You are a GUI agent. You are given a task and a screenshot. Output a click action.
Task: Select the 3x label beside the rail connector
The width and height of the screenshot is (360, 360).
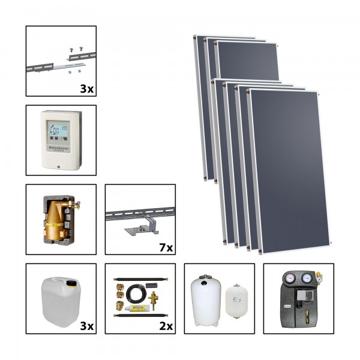pos(85,88)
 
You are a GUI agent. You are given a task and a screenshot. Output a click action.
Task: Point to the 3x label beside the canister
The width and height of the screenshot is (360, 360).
pos(85,326)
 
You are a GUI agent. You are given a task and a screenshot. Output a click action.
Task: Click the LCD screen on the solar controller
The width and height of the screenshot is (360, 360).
pos(59,130)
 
